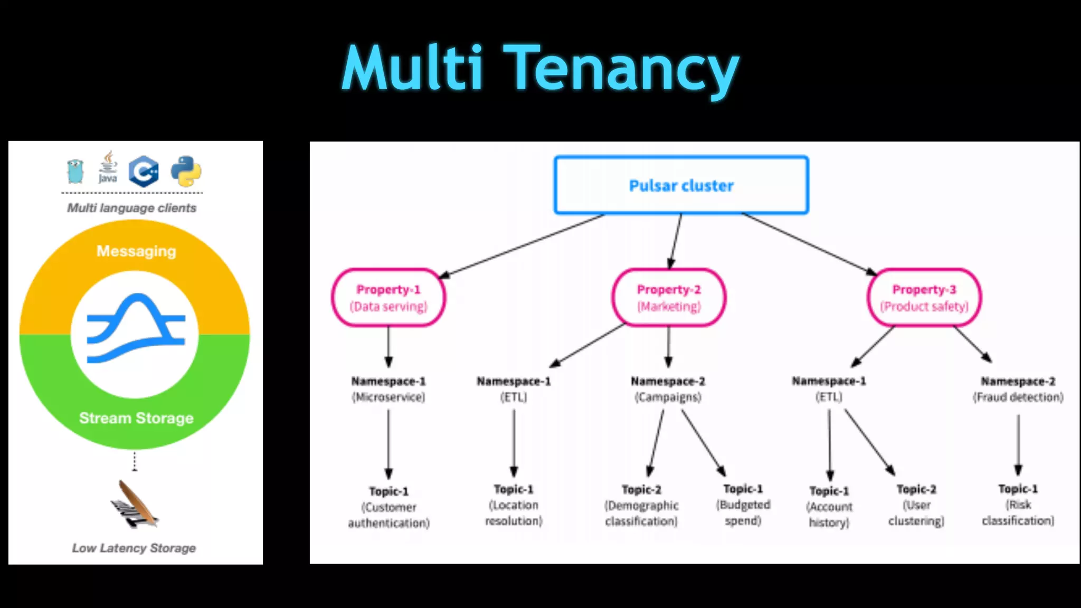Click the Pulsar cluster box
[x=681, y=185]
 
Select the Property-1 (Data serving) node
[x=388, y=298]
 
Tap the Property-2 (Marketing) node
[x=669, y=298]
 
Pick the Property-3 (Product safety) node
[x=924, y=298]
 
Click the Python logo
[x=186, y=172]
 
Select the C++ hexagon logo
[x=144, y=172]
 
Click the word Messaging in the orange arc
[x=136, y=251]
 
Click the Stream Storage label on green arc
[x=136, y=418]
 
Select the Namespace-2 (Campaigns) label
[x=668, y=389]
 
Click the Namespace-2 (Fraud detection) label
[x=1018, y=389]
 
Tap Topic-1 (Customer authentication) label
[x=388, y=507]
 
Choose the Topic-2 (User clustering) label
[x=916, y=505]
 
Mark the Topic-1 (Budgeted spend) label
[x=743, y=505]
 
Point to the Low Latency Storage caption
[x=134, y=548]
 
